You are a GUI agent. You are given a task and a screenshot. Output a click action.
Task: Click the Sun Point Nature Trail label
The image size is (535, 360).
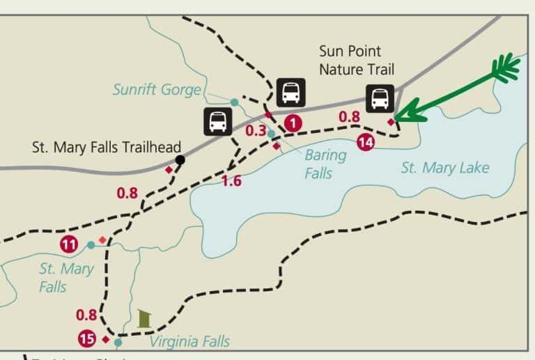pos(357,60)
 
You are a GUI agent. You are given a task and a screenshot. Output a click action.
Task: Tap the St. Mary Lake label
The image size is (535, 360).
pos(444,167)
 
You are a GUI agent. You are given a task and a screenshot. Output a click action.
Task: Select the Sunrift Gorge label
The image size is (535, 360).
pos(157,90)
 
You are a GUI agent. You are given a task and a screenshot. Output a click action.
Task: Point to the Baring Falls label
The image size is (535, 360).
pos(325,163)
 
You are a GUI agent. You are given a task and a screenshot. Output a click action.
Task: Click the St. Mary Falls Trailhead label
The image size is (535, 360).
pos(107,147)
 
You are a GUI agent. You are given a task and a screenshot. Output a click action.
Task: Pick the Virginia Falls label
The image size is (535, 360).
pos(189,341)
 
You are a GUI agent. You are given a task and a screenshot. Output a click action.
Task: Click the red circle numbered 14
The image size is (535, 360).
pos(365,143)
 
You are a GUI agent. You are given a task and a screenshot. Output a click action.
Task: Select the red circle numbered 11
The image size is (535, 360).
pos(69,244)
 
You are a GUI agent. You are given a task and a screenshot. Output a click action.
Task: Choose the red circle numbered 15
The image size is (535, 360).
pos(87,339)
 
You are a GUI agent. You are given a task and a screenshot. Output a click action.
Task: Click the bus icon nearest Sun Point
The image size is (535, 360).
pos(380,98)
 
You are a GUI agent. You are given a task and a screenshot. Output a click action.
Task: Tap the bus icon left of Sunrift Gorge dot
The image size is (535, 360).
pos(218,121)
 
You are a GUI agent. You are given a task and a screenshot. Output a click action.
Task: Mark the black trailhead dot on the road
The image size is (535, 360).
pos(180,160)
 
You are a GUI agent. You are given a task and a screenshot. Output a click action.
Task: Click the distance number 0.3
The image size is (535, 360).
pos(256,130)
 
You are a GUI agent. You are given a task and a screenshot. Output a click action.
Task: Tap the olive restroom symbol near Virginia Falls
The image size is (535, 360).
pos(144,318)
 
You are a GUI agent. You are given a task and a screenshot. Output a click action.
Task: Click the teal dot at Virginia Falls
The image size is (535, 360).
pos(118,342)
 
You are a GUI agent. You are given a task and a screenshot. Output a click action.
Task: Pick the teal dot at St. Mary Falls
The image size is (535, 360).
pos(91,245)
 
